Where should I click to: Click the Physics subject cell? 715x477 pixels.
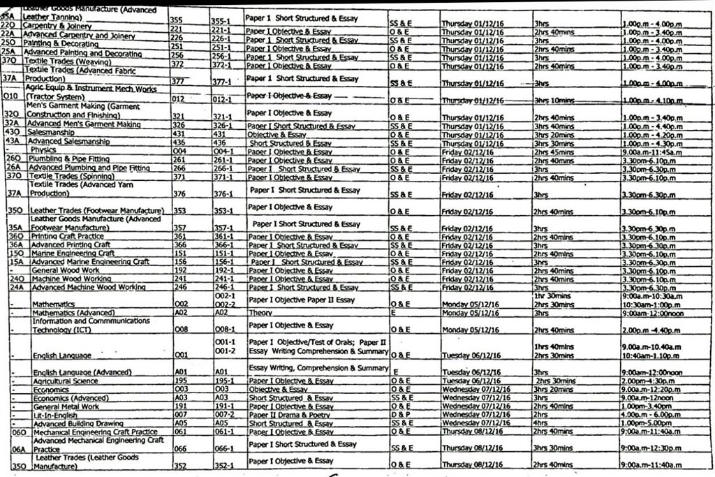coord(43,150)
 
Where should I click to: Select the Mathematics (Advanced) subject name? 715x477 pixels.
coord(73,313)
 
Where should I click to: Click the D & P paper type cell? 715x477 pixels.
coord(401,415)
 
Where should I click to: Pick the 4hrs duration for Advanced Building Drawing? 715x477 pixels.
coord(539,423)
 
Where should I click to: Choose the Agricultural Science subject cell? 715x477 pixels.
coord(66,381)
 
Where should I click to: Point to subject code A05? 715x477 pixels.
coord(180,423)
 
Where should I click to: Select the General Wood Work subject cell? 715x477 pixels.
coord(66,270)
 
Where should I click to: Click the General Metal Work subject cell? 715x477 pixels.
coord(66,406)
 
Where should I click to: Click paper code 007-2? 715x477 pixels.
coord(223,415)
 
